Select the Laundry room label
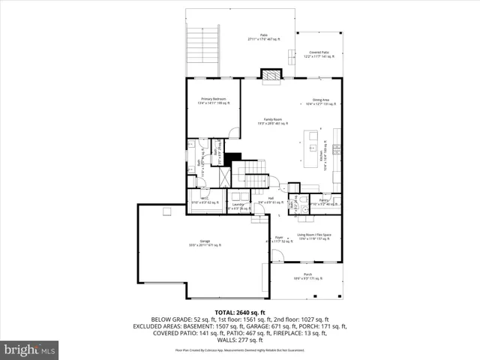238,205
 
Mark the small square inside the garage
166,211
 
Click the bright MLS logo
30,350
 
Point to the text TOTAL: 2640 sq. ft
240,312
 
